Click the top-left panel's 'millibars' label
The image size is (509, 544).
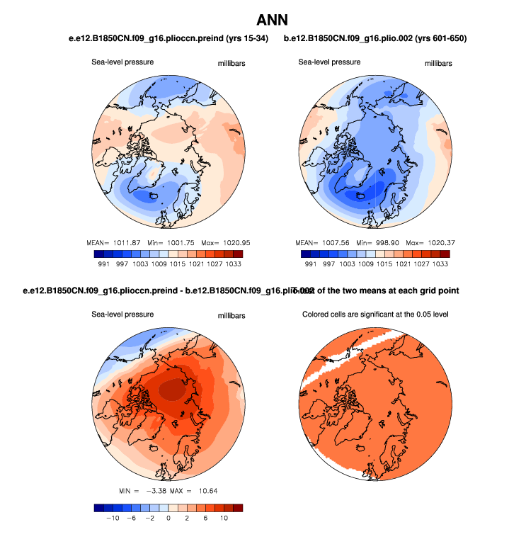coord(231,64)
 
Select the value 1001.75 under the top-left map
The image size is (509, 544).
coord(181,242)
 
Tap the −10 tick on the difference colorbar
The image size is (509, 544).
coord(111,518)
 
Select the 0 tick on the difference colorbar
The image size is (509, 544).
coord(168,518)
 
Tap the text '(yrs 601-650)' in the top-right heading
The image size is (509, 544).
coord(437,38)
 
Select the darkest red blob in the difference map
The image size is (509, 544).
coord(173,388)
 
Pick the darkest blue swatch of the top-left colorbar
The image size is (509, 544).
coord(98,253)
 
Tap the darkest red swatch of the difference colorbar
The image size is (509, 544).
coord(237,507)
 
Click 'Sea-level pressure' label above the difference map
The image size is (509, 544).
coord(122,314)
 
